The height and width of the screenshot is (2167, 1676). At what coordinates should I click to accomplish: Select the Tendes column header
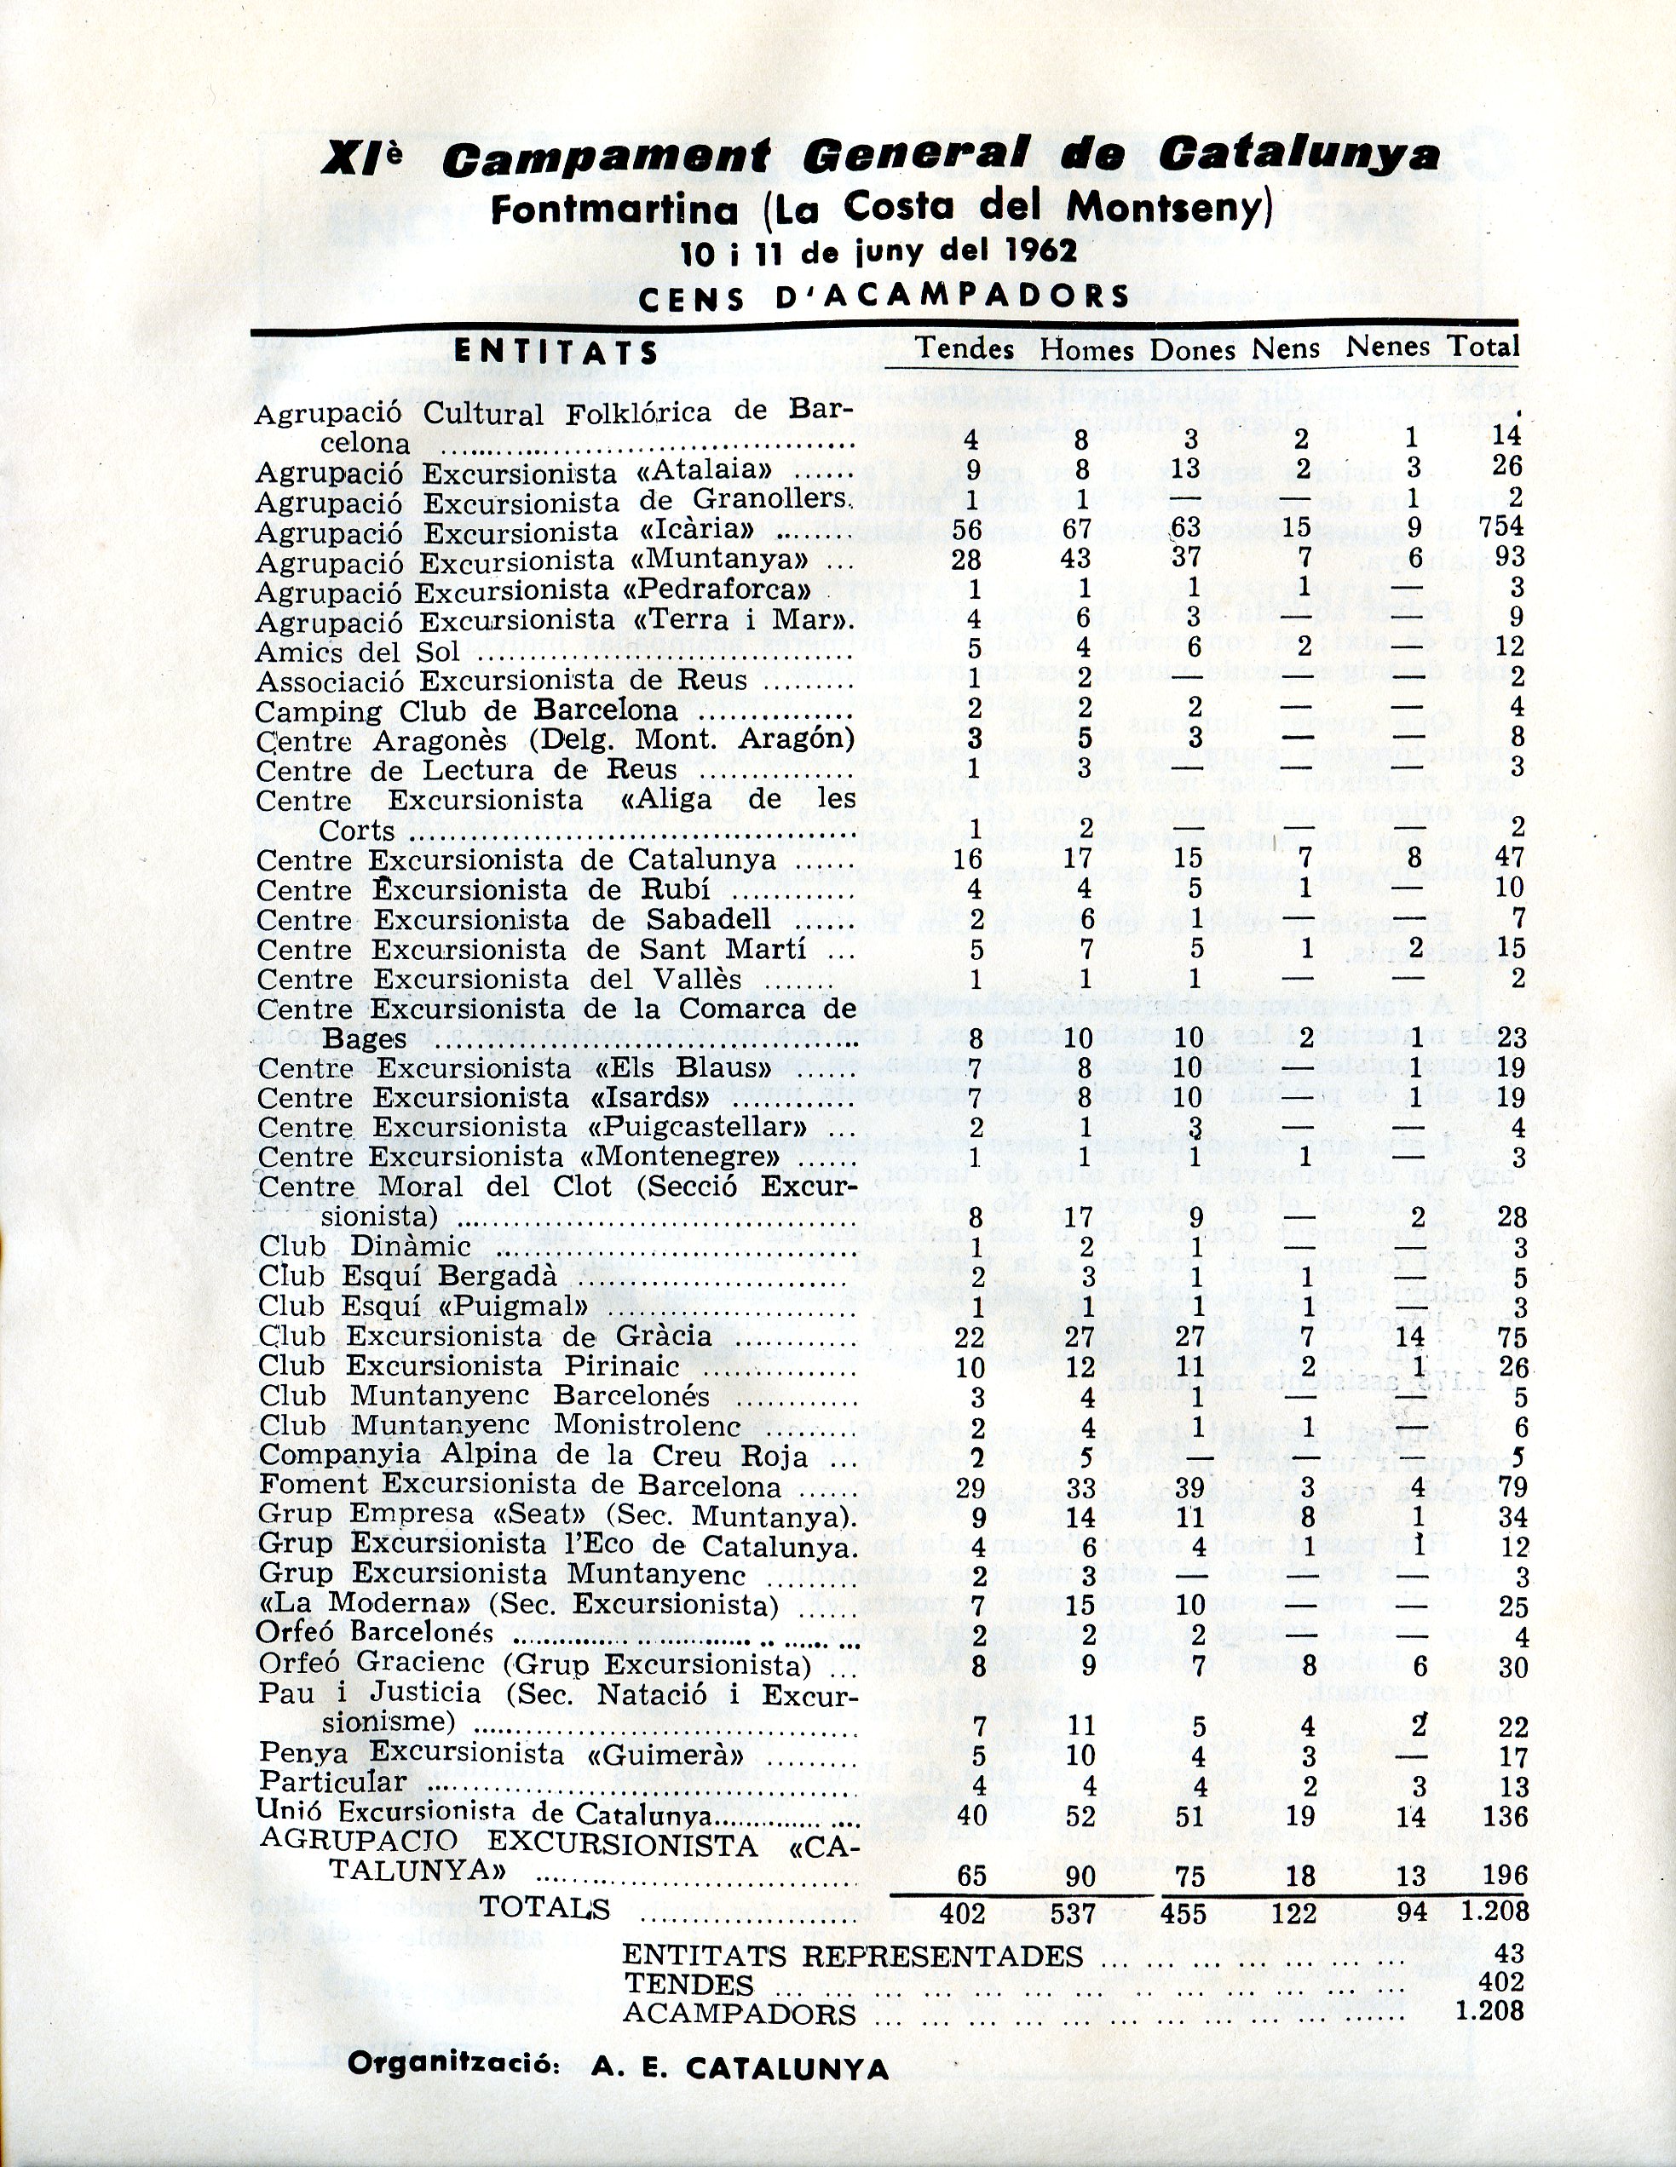pyautogui.click(x=965, y=348)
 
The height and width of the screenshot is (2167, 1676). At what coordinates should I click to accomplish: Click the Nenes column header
pyautogui.click(x=1387, y=347)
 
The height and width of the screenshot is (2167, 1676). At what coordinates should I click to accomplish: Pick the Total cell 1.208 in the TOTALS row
pyautogui.click(x=1495, y=1911)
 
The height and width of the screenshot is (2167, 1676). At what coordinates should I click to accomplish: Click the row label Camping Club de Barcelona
pyautogui.click(x=465, y=711)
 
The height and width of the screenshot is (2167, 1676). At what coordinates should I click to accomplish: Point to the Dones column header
pyautogui.click(x=1193, y=349)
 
